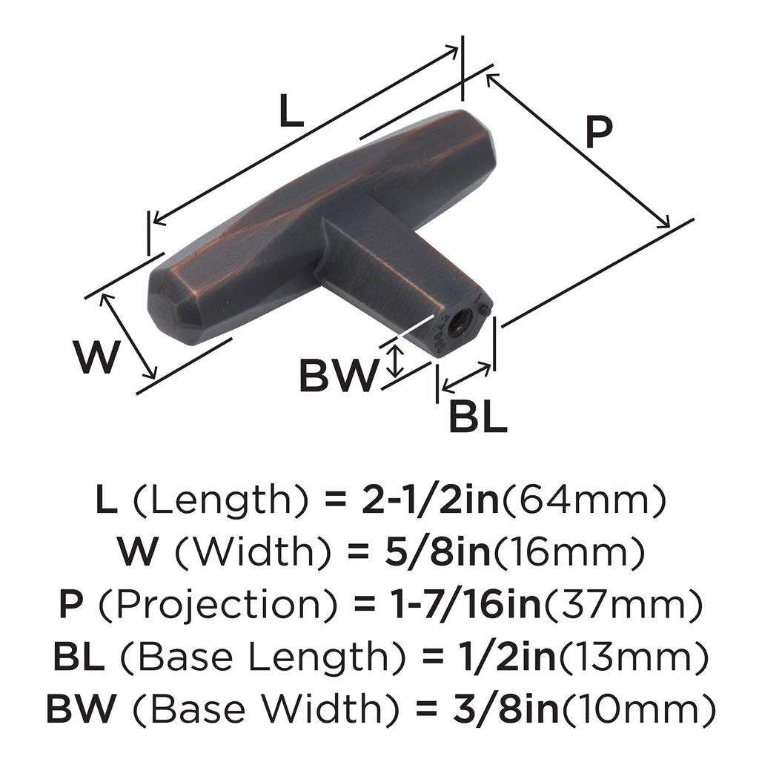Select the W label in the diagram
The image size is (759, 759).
96,357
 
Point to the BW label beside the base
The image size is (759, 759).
337,377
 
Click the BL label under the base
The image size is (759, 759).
478,418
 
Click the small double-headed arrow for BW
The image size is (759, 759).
397,360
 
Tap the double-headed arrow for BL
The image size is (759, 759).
466,377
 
